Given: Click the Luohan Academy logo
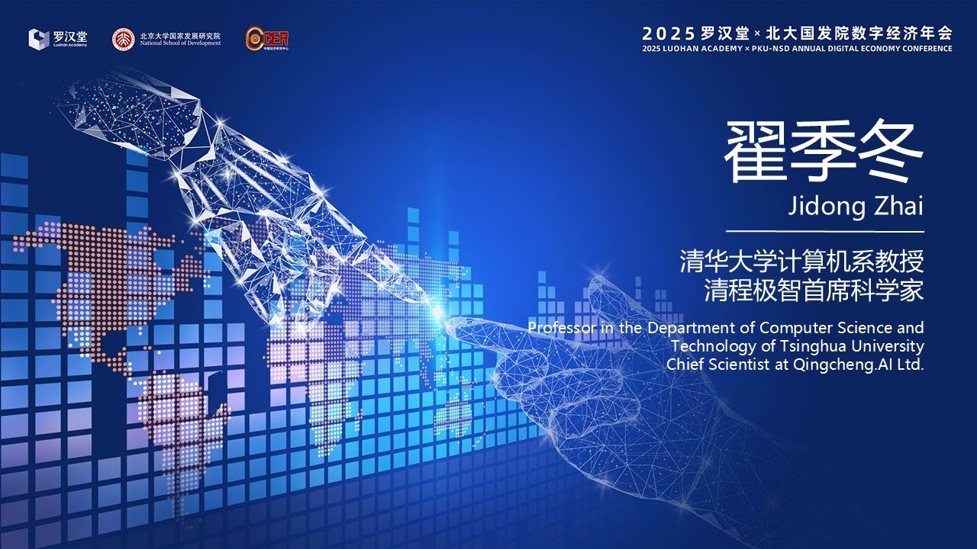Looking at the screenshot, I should point(58,38).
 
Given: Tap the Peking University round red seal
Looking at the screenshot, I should point(122,38).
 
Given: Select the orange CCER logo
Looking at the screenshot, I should point(267,37).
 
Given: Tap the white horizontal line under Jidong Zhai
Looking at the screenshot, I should point(824,231).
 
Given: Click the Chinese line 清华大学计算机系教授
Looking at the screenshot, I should point(802,262).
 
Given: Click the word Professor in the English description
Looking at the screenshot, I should point(562,328).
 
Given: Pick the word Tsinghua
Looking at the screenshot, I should point(820,346).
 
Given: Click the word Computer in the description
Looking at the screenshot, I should point(794,328).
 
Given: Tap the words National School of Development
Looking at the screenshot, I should point(180,43).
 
